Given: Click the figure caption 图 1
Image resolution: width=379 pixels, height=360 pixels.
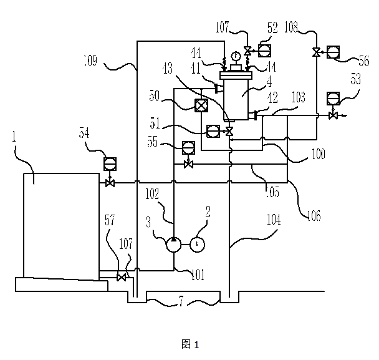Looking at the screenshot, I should pyautogui.click(x=189, y=344).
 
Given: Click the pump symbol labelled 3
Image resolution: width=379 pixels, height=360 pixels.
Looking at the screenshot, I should pyautogui.click(x=173, y=244).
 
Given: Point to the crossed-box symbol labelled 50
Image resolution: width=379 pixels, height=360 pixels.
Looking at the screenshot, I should pyautogui.click(x=201, y=105).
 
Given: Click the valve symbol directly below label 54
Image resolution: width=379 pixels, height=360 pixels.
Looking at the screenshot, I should pyautogui.click(x=110, y=183).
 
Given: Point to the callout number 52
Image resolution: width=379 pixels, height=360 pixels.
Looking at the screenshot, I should pyautogui.click(x=272, y=27).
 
